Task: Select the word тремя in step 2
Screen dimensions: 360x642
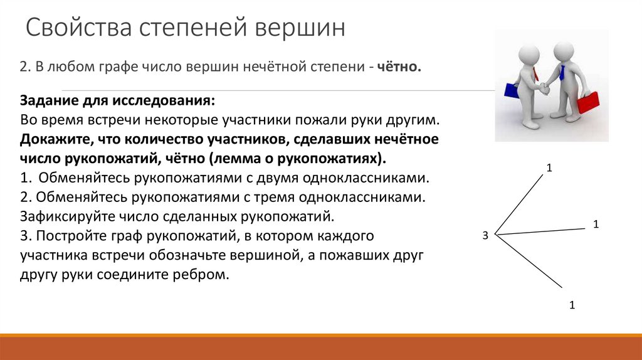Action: (268, 198)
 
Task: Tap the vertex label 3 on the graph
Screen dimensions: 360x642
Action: (485, 235)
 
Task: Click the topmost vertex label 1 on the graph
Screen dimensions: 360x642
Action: (549, 167)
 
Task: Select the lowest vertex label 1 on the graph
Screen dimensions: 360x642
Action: (572, 305)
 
